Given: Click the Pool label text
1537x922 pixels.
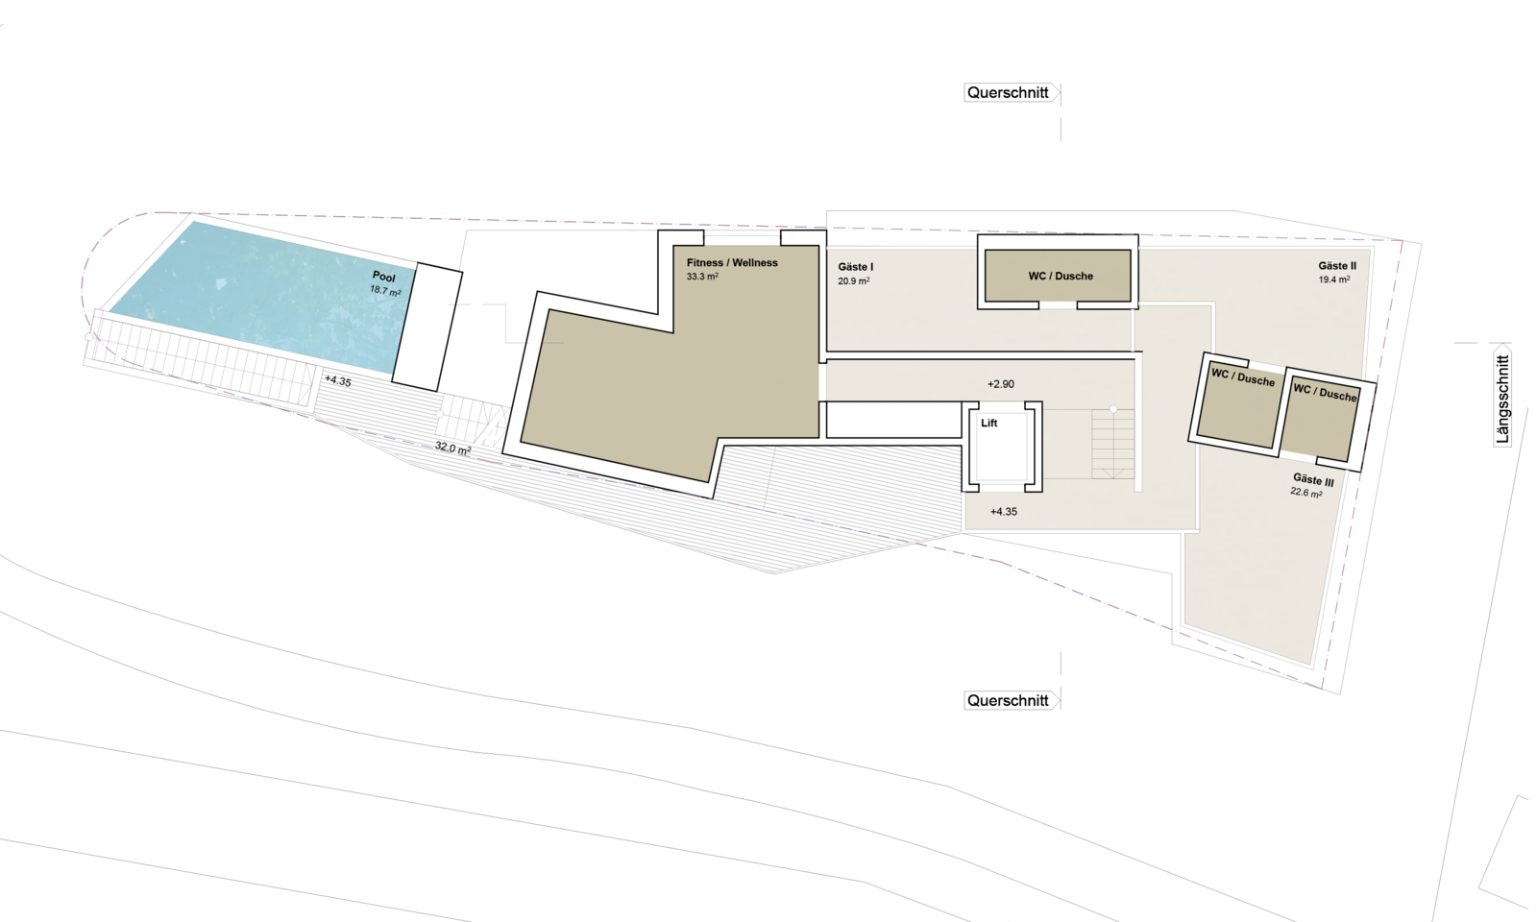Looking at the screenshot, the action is pos(384,277).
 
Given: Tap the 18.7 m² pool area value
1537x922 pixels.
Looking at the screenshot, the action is pos(385,291).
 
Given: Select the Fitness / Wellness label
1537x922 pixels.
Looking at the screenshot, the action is pos(732,263).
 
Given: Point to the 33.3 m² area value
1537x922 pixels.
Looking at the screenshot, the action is pos(702,277).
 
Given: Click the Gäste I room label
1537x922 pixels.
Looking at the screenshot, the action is pos(856,267).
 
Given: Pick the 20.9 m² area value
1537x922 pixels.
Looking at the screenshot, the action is pos(854,281).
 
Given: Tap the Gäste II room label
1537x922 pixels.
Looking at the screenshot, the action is pos(1337,265).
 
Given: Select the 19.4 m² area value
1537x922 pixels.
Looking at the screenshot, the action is pos(1334,279).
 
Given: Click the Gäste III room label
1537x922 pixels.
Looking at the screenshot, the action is pos(1313,479).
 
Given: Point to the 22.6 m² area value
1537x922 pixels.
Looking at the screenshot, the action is pos(1306,493).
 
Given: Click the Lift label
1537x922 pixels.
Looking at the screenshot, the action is pos(988,424).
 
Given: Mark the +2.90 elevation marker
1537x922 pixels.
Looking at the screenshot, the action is pos(1000,384).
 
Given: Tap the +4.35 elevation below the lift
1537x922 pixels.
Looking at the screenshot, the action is pos(1004,512).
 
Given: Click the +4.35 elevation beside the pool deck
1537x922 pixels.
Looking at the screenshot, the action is pos(337,380).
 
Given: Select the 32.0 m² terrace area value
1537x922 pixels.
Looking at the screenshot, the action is pos(452,449).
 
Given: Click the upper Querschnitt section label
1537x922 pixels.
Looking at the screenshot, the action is pos(1008,92).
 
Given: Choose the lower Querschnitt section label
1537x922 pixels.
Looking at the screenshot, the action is pos(1008,700).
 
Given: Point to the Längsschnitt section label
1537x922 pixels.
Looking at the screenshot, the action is pos(1502,399).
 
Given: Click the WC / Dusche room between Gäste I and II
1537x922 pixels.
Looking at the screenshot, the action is pos(1058,276).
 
